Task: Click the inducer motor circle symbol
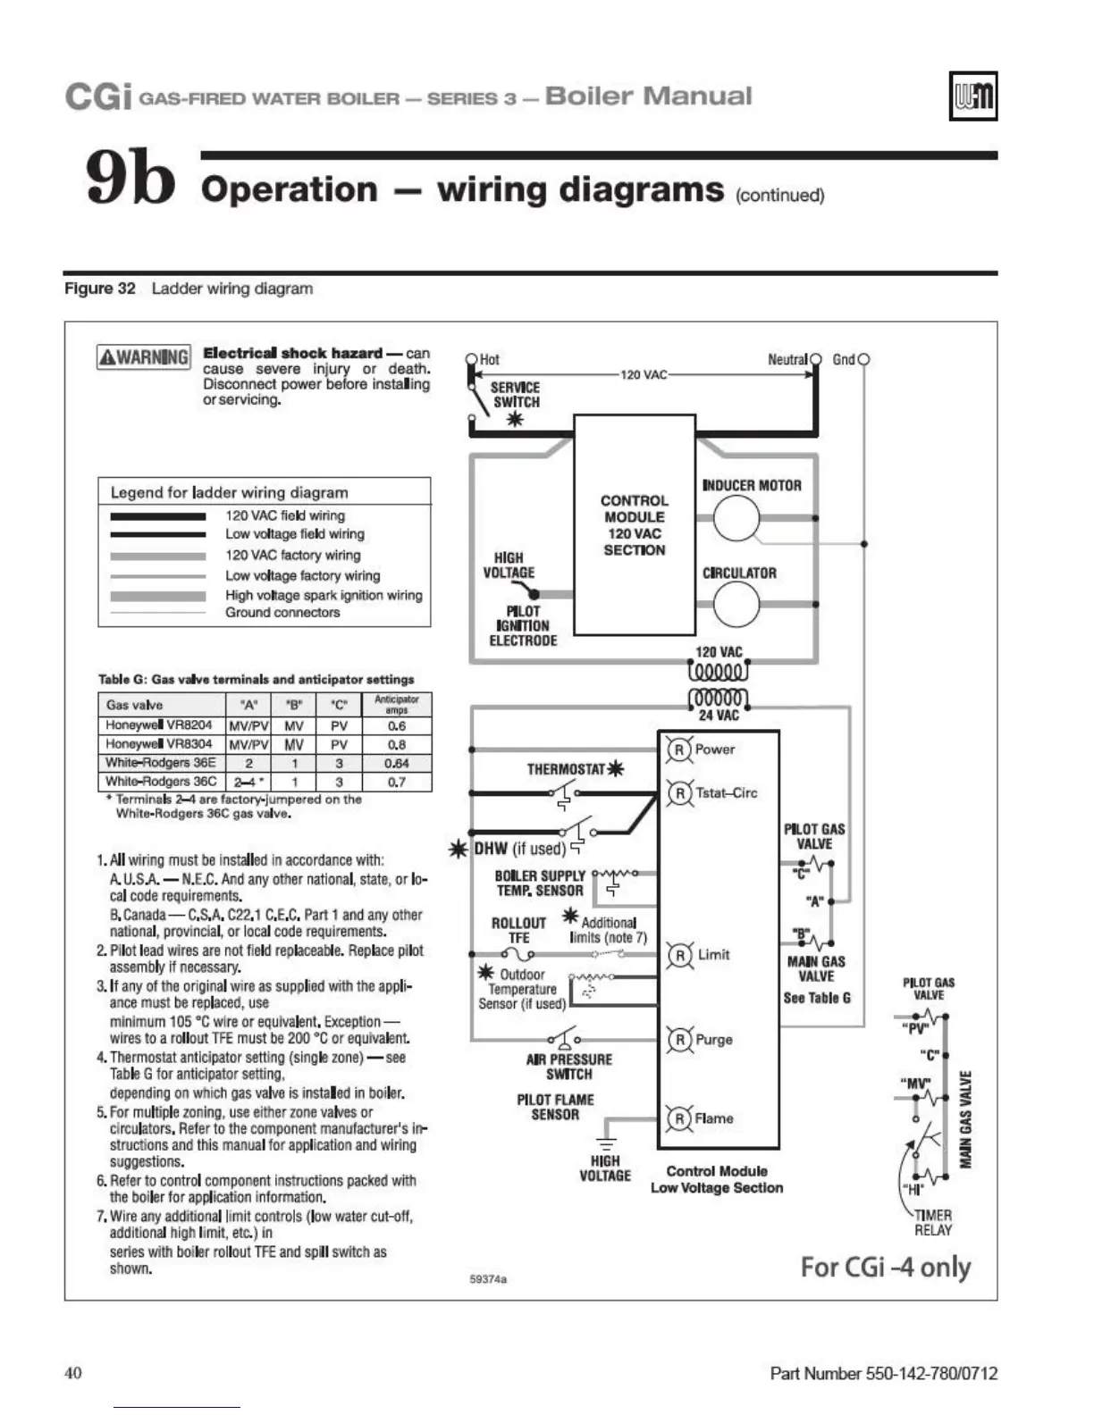[x=736, y=518]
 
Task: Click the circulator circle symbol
[x=736, y=605]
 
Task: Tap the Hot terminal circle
[x=472, y=360]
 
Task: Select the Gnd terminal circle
[x=863, y=360]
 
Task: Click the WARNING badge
[x=143, y=357]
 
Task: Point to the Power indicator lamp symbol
[x=679, y=749]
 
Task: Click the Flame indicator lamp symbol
[x=679, y=1118]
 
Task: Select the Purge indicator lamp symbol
[x=679, y=1040]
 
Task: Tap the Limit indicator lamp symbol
[x=679, y=955]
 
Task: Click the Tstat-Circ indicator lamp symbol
[x=679, y=792]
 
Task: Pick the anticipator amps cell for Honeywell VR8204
[x=397, y=725]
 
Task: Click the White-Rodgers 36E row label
[x=161, y=763]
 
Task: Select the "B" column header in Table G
[x=294, y=705]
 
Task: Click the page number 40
[x=73, y=1372]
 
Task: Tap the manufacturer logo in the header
[x=972, y=96]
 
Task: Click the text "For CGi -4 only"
[x=885, y=1268]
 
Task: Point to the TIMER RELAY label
[x=932, y=1223]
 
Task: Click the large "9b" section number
[x=130, y=177]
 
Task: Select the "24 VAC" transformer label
[x=719, y=716]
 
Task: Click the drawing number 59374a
[x=488, y=1279]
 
